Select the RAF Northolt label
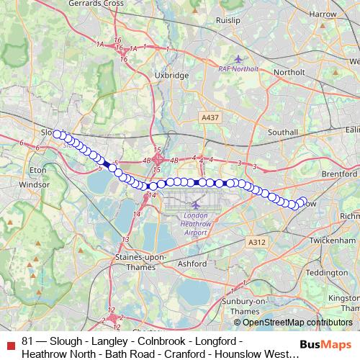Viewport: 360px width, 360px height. pyautogui.click(x=238, y=69)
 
